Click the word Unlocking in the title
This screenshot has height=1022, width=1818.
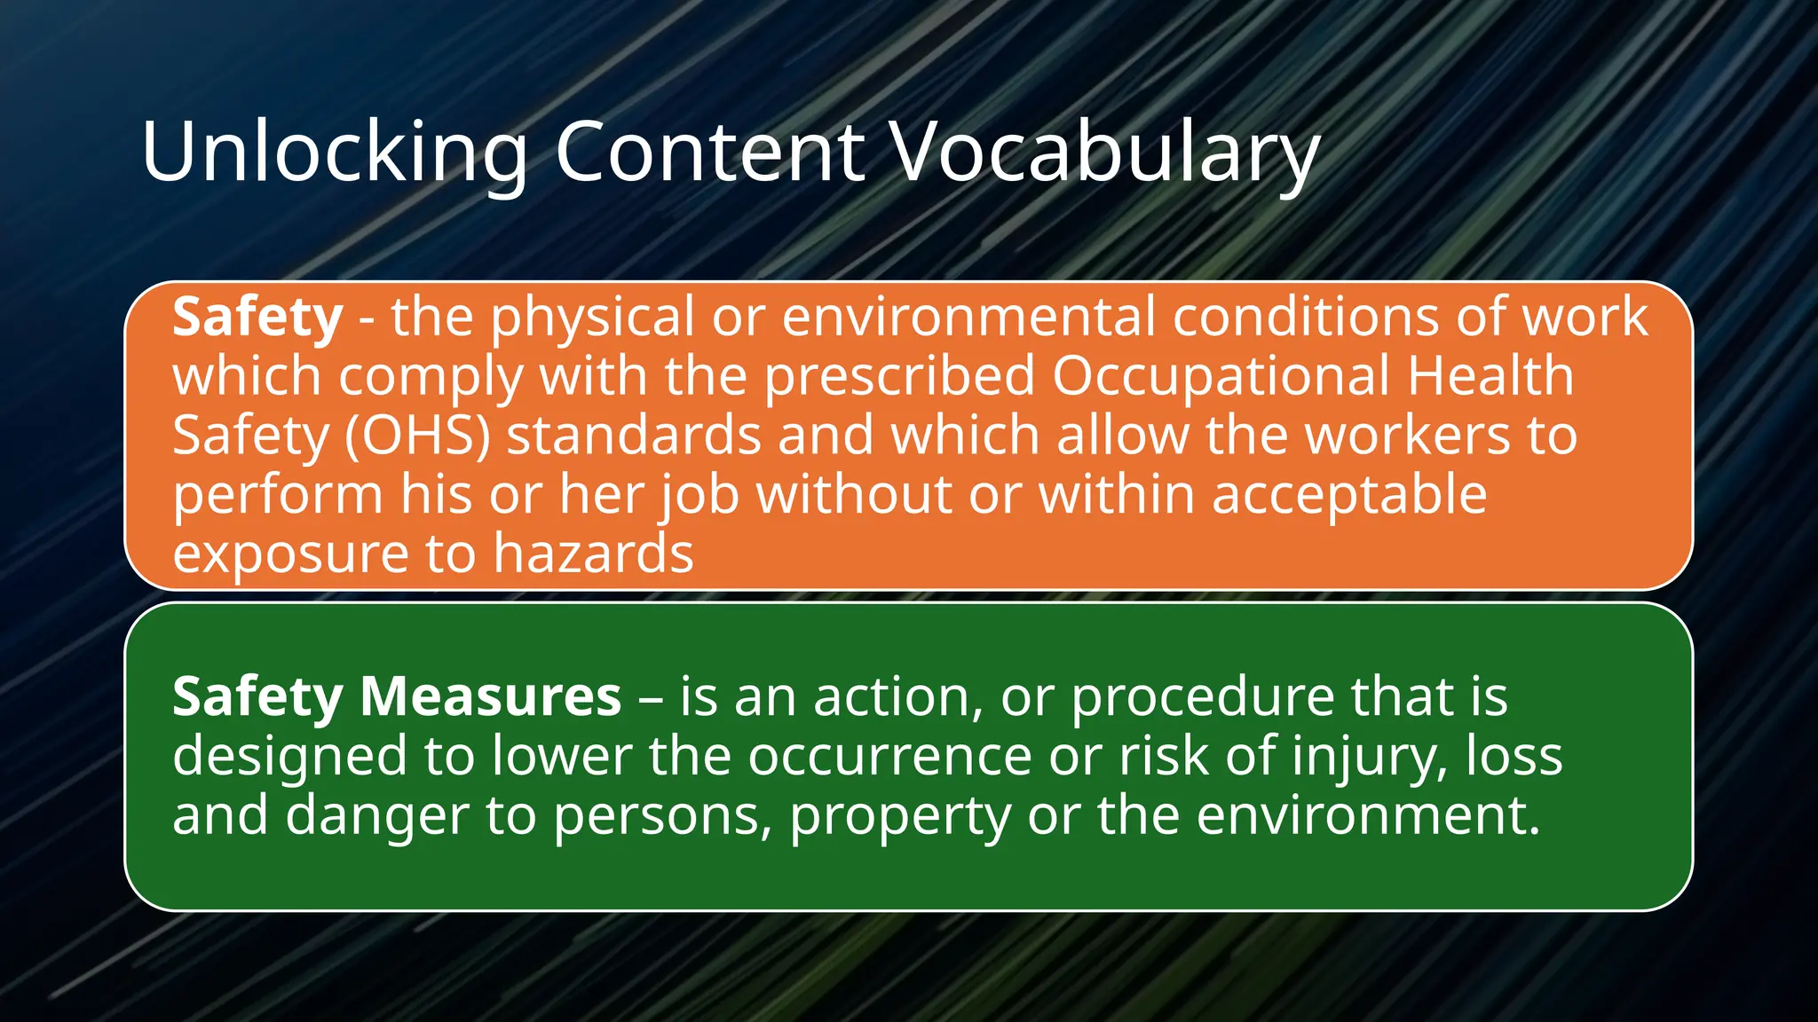pos(335,152)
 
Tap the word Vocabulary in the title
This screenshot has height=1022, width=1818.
pos(1105,152)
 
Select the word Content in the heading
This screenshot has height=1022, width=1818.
pos(709,152)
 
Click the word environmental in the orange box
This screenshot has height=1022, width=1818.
pos(968,317)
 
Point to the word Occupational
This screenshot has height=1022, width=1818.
pos(1221,376)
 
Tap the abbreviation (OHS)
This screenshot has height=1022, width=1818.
pos(416,436)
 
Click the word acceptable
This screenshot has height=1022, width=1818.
pos(1349,494)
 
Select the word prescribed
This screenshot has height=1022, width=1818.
pos(899,376)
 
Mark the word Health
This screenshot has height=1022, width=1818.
pos(1491,376)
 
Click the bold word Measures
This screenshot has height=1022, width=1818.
pos(491,696)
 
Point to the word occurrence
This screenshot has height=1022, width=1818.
pos(889,756)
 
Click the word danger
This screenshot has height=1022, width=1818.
pos(377,815)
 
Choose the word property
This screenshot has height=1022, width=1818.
pos(900,815)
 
